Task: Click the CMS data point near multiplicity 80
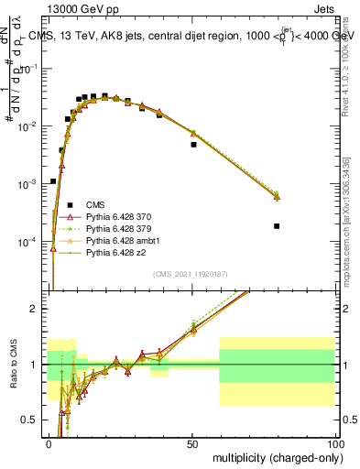tap(277, 226)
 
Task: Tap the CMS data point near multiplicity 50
tap(193, 145)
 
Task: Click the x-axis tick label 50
tap(192, 442)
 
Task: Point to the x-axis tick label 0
tap(49, 442)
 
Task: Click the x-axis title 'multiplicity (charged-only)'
tap(275, 456)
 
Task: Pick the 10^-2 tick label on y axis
tap(28, 126)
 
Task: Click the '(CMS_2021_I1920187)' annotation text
tap(191, 274)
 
